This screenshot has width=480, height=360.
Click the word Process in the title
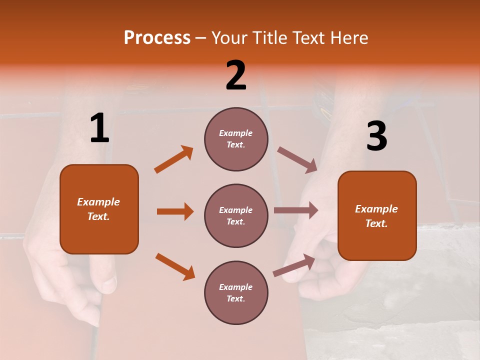157,38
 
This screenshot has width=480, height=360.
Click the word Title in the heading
270,38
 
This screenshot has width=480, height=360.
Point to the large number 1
99,128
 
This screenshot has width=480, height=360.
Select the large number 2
236,75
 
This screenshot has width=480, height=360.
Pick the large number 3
376,137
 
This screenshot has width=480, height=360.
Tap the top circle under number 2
236,139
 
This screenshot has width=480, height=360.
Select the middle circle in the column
236,215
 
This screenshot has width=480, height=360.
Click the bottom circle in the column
236,292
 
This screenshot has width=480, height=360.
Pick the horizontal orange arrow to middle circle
175,211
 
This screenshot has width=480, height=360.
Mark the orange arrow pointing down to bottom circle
175,266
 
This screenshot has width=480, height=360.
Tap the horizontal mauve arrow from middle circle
296,210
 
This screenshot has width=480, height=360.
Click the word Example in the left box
98,202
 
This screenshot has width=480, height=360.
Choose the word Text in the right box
376,223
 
